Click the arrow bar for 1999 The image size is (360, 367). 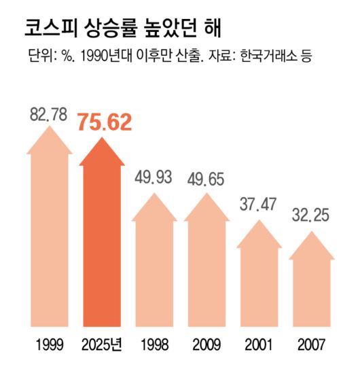pyautogui.click(x=49, y=231)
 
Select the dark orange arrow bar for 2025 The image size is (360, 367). pyautogui.click(x=102, y=238)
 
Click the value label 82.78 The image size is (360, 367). pyautogui.click(x=48, y=114)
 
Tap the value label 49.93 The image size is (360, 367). pyautogui.click(x=154, y=178)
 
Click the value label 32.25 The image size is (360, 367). pyautogui.click(x=312, y=216)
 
